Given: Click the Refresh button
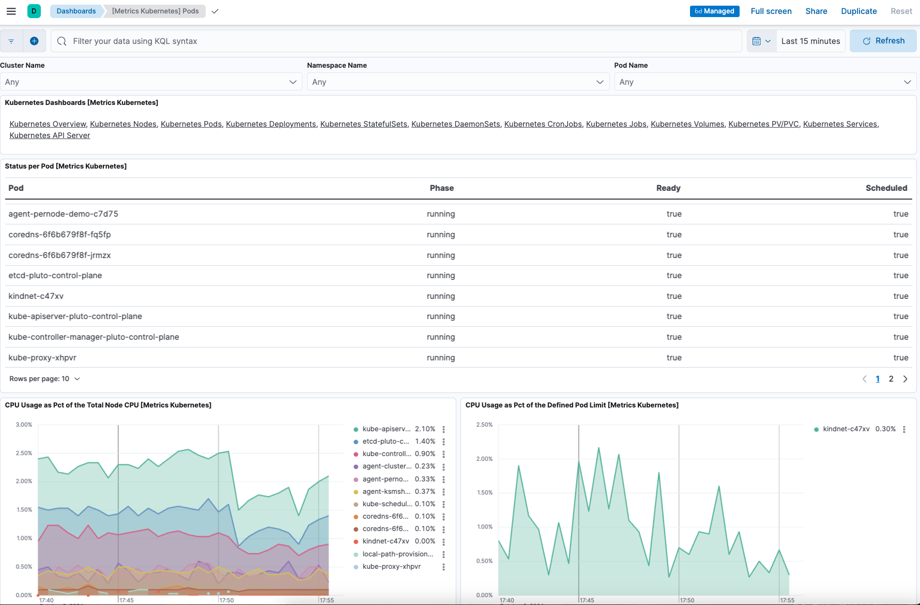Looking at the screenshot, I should coord(883,41).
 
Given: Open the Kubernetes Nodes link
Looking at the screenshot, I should coord(123,124).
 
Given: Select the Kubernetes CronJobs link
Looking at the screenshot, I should coord(543,124).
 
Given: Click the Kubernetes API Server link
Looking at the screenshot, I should coord(50,135).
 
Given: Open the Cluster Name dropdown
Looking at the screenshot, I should coord(150,82).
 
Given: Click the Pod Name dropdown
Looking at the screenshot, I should coord(765,82).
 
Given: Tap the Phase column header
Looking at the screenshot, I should coord(441,188).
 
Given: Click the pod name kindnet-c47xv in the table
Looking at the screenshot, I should coord(36,296).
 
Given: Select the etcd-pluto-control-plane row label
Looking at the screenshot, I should coord(55,276).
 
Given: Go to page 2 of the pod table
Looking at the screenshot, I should coord(891,379).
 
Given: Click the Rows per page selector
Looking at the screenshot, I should coord(45,379).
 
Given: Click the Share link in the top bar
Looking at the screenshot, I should coord(816,11).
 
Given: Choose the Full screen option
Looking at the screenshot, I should coord(771,11).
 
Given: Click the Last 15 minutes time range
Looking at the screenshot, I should coord(810,41).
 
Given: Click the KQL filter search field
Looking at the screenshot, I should coord(393,41).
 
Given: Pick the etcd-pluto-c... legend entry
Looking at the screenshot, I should coord(386,442).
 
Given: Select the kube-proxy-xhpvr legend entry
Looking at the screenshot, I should coord(391,567).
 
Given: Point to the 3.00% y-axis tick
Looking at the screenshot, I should coord(24,425).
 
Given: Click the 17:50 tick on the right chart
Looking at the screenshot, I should coord(687,600).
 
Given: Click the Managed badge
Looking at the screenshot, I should coord(714,11).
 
